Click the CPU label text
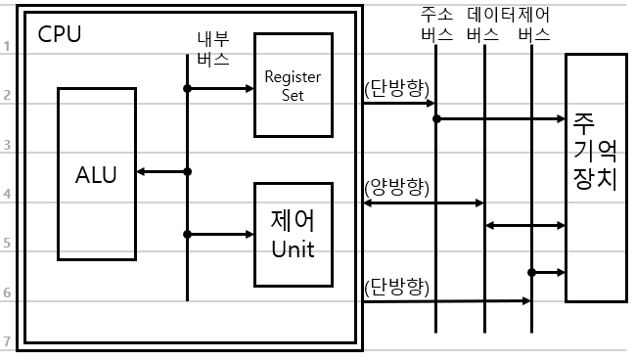point(60,34)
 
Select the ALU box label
point(96,175)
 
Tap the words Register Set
point(293,85)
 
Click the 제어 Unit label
point(293,234)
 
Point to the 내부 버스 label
point(213,49)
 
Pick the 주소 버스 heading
point(436,24)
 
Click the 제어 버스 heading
point(534,24)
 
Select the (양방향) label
point(396,188)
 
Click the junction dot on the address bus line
point(436,119)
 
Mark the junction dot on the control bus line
point(531,273)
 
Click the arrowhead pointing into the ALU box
point(141,172)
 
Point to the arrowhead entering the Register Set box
point(249,88)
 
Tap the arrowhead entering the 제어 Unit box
point(249,234)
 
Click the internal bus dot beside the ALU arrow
point(187,172)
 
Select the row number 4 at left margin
point(7,194)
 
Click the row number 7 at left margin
point(7,341)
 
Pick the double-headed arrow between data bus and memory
point(525,226)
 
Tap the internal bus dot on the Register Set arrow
point(187,88)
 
